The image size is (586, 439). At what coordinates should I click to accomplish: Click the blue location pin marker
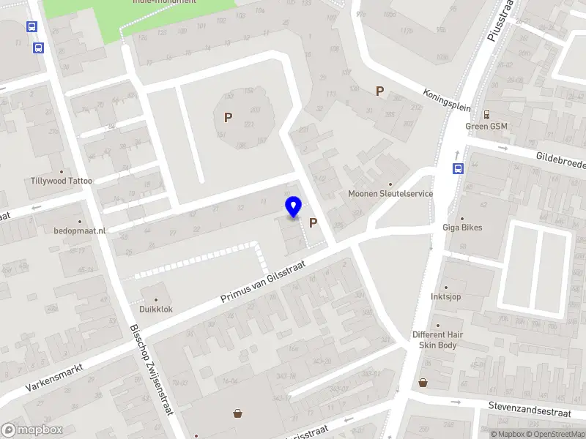294,206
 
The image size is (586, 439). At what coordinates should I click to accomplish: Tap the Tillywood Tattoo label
62,180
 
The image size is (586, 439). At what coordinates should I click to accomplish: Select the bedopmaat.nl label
80,230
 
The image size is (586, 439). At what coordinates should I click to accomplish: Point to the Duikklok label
157,309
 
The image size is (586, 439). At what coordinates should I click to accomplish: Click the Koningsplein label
446,100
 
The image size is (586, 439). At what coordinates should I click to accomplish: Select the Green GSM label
486,126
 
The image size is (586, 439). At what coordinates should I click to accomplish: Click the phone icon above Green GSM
486,113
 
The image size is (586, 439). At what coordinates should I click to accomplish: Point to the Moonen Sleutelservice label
390,194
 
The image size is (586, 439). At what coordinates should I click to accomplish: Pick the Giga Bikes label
462,228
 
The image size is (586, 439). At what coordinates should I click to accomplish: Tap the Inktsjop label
446,296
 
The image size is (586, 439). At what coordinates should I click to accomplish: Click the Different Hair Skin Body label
438,339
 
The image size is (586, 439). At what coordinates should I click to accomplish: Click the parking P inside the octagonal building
228,117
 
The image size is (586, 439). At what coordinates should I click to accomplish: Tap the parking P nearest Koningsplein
379,91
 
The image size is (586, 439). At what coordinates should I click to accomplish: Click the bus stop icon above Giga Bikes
459,168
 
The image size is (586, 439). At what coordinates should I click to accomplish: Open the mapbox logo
31,429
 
